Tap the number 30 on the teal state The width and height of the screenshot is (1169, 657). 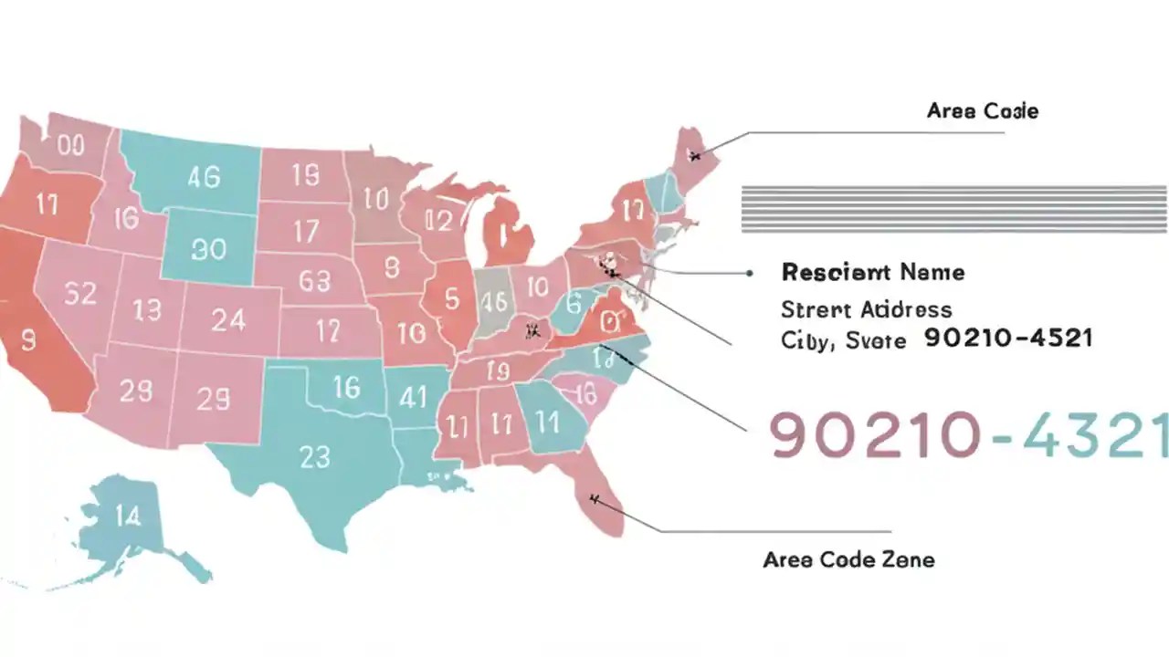coord(208,248)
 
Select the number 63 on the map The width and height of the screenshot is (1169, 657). coord(314,280)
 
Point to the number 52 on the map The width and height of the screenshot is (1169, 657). coord(80,294)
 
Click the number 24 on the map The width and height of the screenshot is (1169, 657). coord(228,319)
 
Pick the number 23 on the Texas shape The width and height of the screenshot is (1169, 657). coord(314,455)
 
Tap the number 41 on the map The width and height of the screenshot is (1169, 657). coord(414,397)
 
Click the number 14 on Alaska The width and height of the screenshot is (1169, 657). coord(128,516)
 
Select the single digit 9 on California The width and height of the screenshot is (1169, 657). coord(27,340)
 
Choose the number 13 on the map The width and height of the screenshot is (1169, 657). coord(146,310)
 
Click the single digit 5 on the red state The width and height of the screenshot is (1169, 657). coord(451,298)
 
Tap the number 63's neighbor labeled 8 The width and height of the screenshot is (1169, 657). coord(392,267)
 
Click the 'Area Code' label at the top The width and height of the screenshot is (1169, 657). coord(982,111)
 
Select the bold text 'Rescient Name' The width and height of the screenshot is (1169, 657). coord(872,272)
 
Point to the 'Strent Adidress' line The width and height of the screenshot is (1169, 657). coord(866,309)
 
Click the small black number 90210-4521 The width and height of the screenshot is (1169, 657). coord(1008,339)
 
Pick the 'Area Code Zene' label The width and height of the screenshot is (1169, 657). coord(848,558)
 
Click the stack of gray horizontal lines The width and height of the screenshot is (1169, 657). coord(954,208)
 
